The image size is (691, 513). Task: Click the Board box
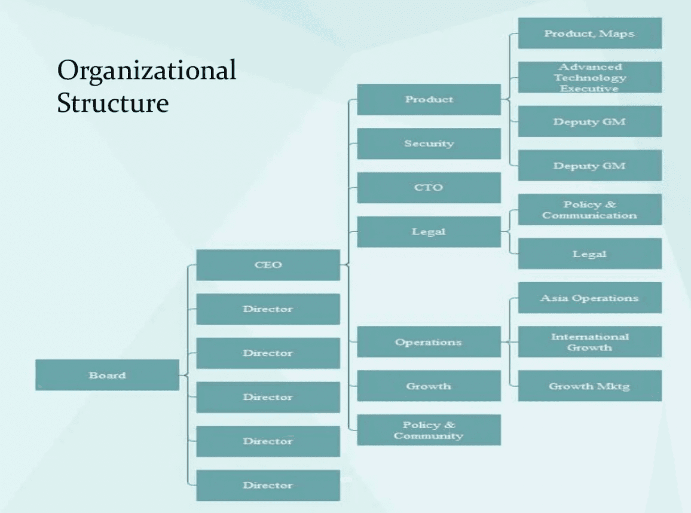pyautogui.click(x=107, y=375)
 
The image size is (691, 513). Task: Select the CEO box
pyautogui.click(x=268, y=265)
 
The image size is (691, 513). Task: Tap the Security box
pyautogui.click(x=429, y=143)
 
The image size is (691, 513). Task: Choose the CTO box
pyautogui.click(x=429, y=188)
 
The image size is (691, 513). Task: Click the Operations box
pyautogui.click(x=429, y=342)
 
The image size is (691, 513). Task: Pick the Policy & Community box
pyautogui.click(x=429, y=430)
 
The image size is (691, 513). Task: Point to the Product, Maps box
pyautogui.click(x=589, y=33)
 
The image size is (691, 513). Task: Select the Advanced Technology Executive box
pyautogui.click(x=589, y=77)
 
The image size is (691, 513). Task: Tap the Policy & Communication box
pyautogui.click(x=589, y=209)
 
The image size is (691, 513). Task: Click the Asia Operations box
pyautogui.click(x=589, y=298)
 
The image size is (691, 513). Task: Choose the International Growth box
pyautogui.click(x=589, y=341)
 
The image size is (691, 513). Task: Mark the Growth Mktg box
pyautogui.click(x=589, y=386)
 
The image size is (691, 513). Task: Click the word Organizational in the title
pyautogui.click(x=146, y=71)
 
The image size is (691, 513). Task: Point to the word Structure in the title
pyautogui.click(x=113, y=102)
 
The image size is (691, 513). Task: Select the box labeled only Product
pyautogui.click(x=429, y=99)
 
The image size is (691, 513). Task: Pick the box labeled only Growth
pyautogui.click(x=429, y=386)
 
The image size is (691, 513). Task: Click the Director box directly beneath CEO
pyautogui.click(x=268, y=309)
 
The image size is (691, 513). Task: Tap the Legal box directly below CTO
pyautogui.click(x=429, y=231)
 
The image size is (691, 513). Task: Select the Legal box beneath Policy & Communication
pyautogui.click(x=589, y=254)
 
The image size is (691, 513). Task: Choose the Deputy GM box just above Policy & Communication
pyautogui.click(x=589, y=166)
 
